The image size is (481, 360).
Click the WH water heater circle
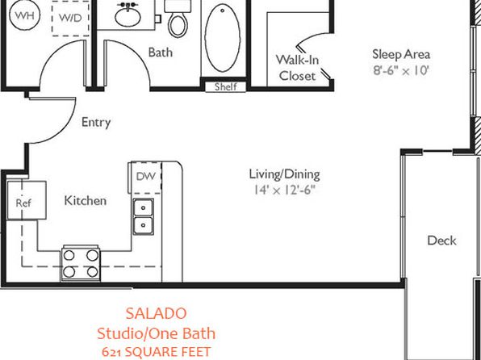[25, 15]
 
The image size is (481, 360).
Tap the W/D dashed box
[70, 19]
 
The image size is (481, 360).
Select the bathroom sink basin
[128, 16]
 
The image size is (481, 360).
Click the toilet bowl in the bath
[178, 26]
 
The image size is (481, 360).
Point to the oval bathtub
[223, 38]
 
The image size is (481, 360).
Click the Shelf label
[225, 87]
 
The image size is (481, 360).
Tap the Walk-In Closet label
[297, 68]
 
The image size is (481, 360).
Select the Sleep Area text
[401, 54]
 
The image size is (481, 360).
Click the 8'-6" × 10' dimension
[400, 70]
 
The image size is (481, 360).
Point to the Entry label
[96, 123]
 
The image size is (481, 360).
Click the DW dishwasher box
[146, 178]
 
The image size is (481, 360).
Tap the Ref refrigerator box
[27, 200]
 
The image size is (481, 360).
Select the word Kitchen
[86, 201]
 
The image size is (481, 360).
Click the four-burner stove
[81, 263]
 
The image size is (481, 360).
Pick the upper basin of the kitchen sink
[144, 207]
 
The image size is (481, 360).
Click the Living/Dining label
[284, 174]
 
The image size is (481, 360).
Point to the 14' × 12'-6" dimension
[284, 190]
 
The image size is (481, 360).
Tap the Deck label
[441, 241]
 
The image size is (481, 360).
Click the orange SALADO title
[156, 314]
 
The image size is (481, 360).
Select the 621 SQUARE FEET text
[156, 352]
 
